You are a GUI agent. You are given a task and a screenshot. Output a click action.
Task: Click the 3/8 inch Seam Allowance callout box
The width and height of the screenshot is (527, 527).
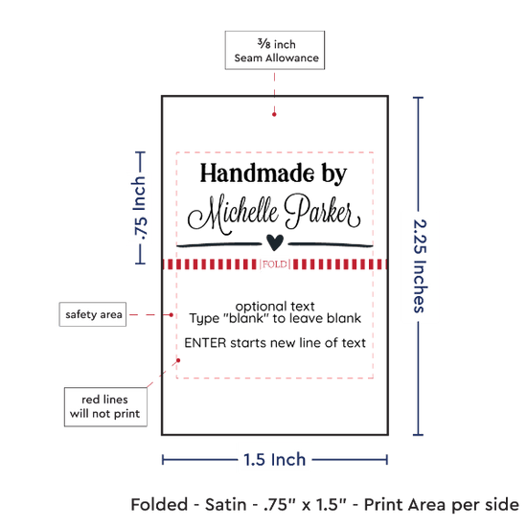275,50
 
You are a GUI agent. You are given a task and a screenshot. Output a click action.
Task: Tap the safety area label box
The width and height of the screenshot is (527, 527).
93,314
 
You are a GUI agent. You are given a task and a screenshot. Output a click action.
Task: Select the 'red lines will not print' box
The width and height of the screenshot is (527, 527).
105,406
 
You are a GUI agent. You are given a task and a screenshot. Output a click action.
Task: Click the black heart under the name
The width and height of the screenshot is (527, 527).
275,242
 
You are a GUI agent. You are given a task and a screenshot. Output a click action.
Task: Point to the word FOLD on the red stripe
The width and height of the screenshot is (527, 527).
275,264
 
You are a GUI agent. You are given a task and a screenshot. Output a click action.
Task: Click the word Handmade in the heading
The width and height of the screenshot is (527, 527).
257,173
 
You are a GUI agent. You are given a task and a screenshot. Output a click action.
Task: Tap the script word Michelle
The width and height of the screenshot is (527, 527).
233,215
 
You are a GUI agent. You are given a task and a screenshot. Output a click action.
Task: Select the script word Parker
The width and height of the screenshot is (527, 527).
323,211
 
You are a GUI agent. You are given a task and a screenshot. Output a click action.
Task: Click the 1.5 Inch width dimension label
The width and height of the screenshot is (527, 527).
275,459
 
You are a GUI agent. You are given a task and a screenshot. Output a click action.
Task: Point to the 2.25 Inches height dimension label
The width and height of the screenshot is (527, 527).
420,265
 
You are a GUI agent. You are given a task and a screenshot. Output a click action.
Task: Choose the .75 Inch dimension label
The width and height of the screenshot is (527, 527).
140,208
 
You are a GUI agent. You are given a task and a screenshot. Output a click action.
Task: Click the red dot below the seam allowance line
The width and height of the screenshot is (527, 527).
274,114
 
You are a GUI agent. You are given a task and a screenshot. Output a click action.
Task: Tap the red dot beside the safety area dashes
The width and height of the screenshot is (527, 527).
172,315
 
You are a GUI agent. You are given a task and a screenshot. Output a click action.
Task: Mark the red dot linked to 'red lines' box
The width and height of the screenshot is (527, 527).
178,360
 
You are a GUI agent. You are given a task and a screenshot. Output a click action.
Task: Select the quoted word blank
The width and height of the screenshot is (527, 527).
245,318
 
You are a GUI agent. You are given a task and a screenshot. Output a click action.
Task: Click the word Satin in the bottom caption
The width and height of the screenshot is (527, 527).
225,504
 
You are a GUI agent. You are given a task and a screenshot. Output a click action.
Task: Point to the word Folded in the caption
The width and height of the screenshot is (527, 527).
159,504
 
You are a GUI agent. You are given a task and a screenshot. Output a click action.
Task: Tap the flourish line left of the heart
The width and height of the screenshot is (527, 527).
219,244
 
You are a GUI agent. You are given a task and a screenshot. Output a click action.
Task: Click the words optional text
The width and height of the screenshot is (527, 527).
275,307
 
